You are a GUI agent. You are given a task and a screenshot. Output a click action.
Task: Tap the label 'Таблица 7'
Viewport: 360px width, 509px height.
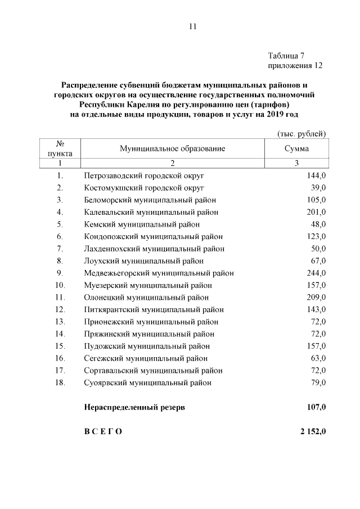coord(287,56)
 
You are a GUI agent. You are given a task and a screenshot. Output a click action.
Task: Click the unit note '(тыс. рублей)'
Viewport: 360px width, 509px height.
coord(302,133)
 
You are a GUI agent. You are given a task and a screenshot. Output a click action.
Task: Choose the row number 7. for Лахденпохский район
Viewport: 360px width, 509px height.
coord(60,249)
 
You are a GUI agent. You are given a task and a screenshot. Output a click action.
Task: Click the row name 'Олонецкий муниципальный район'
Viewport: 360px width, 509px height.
coord(146,298)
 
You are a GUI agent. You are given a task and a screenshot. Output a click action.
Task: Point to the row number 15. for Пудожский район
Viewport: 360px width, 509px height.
coord(61,346)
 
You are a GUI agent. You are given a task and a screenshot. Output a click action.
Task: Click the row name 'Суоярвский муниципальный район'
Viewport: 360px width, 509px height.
coord(148,383)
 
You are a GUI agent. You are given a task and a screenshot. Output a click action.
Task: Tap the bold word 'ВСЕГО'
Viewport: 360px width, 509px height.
coord(103,431)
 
